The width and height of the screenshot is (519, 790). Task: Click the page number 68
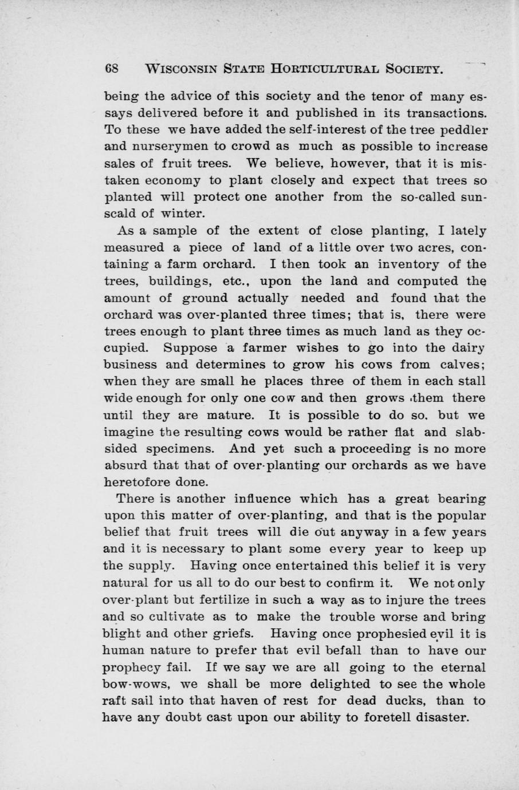(x=111, y=68)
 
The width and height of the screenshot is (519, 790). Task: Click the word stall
(x=470, y=382)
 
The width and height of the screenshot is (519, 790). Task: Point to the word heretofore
(x=148, y=483)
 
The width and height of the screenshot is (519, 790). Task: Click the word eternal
(x=457, y=668)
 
